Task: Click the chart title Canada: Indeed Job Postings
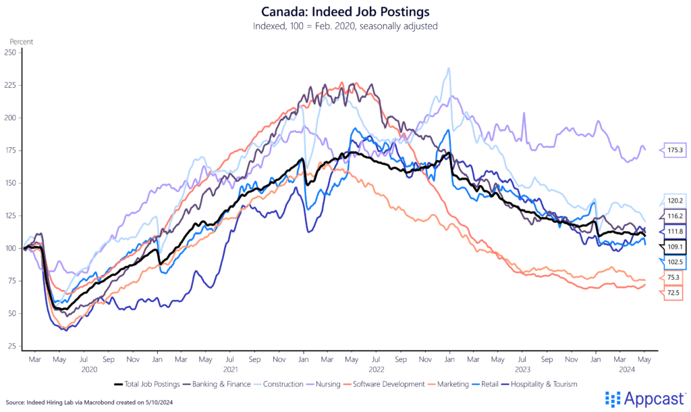345,11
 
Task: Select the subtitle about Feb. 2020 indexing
345,26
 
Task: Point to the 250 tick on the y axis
10,53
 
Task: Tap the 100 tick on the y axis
10,249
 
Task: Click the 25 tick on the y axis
11,346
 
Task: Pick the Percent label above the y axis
22,41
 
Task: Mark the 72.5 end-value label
673,292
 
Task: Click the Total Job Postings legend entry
146,384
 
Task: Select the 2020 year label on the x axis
90,369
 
